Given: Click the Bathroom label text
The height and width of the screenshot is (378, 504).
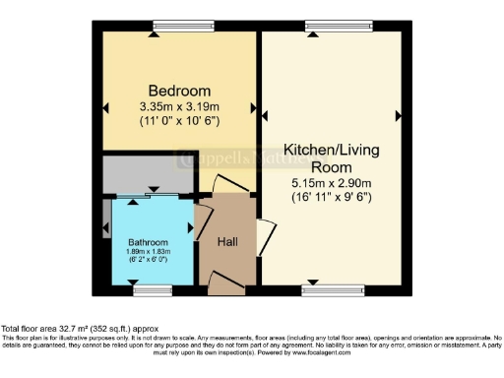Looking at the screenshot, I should [148, 242].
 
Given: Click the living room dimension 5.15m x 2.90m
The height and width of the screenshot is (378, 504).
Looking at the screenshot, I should [330, 183].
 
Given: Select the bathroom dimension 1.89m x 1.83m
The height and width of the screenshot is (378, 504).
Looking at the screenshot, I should [148, 252].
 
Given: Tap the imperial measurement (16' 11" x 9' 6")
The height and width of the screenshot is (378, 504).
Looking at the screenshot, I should [330, 197].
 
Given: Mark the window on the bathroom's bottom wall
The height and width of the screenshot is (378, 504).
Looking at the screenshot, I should [153, 289].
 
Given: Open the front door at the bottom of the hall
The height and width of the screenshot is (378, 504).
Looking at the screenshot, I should [226, 284].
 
